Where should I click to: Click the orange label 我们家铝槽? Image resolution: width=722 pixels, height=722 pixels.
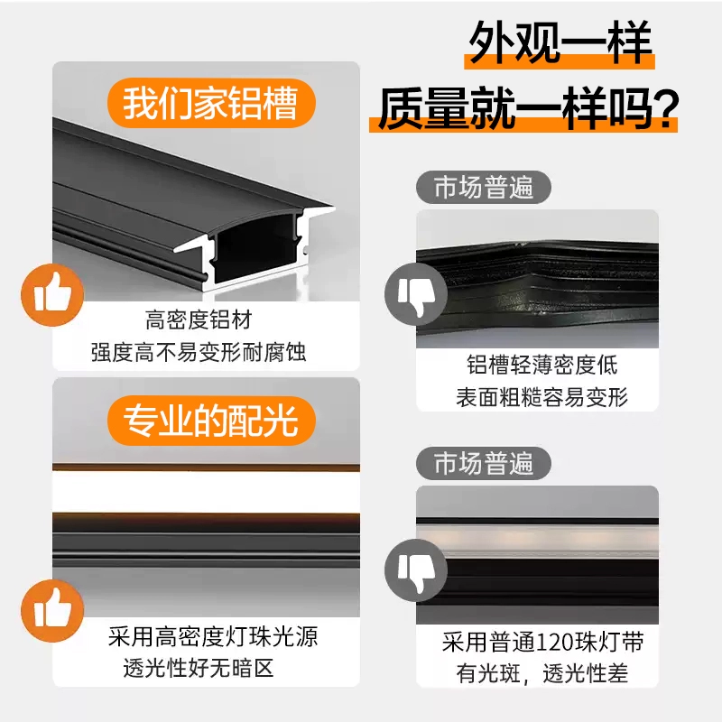coord(211,103)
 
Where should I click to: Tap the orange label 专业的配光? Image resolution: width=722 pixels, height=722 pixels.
coord(211,421)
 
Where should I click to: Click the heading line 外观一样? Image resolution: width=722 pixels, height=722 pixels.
coord(560,42)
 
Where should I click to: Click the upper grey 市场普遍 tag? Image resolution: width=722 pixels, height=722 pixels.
coord(484,187)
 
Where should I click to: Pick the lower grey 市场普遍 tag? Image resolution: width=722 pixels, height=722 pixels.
coord(484,463)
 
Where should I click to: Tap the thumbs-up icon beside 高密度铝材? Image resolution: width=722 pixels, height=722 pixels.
coord(52,295)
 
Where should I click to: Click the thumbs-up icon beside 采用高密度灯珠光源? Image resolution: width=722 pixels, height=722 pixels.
coord(52,611)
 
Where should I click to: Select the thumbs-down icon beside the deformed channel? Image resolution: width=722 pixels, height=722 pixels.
coord(416,294)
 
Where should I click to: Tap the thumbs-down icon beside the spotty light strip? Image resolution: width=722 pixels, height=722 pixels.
coord(416,570)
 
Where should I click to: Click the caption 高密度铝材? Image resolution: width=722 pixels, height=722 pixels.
coord(199,320)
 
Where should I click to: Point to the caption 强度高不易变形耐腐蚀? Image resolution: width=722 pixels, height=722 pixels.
coord(199,353)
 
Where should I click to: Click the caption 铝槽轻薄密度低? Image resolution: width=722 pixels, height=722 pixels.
coord(542,366)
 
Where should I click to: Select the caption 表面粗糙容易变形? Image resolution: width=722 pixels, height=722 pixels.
coord(542,397)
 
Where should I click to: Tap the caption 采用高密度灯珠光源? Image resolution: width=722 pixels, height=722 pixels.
coord(213,637)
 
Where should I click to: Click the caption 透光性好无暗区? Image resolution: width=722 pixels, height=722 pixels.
coord(199,668)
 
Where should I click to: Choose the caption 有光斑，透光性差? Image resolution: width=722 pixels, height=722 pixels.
coord(542,673)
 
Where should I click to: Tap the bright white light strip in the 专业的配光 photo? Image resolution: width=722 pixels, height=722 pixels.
coord(207,492)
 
